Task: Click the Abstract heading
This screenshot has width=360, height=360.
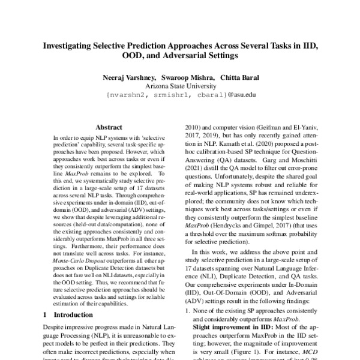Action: [x=109, y=127]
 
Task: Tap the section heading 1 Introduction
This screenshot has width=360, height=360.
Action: [x=64, y=314]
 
